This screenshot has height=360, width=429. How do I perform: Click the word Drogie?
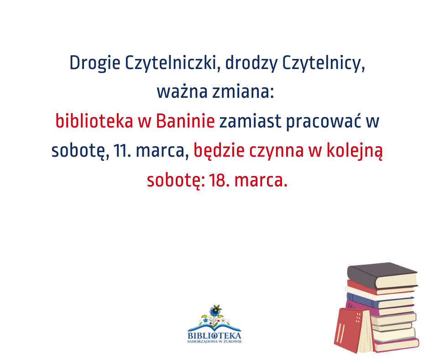tap(94, 64)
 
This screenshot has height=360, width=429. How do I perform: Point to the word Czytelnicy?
tap(324, 64)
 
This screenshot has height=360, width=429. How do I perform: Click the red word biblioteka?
tap(94, 121)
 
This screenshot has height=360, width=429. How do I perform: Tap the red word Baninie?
tap(185, 121)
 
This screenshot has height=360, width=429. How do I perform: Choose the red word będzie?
tap(219, 151)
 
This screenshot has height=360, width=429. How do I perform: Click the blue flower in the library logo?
tap(215, 311)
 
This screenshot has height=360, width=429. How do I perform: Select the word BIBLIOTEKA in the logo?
tap(214, 336)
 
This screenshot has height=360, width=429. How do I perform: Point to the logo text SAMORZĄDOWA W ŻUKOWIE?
tap(214, 342)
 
